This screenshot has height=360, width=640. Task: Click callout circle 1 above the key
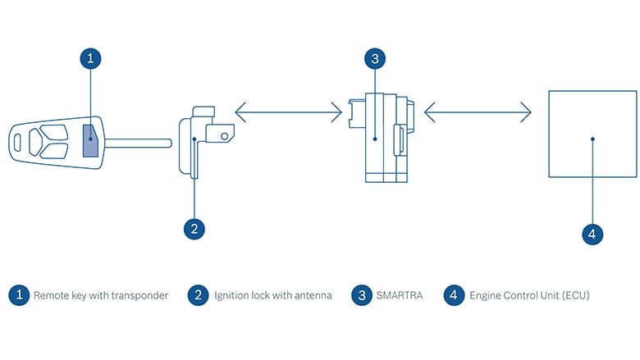pos(92,58)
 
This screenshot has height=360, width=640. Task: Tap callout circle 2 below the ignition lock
pos(194,229)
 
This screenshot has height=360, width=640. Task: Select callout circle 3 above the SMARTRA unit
pos(374,58)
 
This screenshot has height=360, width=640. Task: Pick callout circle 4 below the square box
pos(592,234)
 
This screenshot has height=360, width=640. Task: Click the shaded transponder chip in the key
pos(91,141)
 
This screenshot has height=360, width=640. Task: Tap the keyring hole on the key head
pos(18,142)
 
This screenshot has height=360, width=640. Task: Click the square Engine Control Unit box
pos(592,134)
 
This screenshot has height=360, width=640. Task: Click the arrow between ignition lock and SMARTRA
pos(288,111)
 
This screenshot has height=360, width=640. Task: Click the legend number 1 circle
pos(19,295)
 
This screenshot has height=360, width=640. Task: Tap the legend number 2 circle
pos(197,295)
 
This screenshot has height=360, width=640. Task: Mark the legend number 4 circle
pos(454,295)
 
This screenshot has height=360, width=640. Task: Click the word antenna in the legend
pos(312,295)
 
